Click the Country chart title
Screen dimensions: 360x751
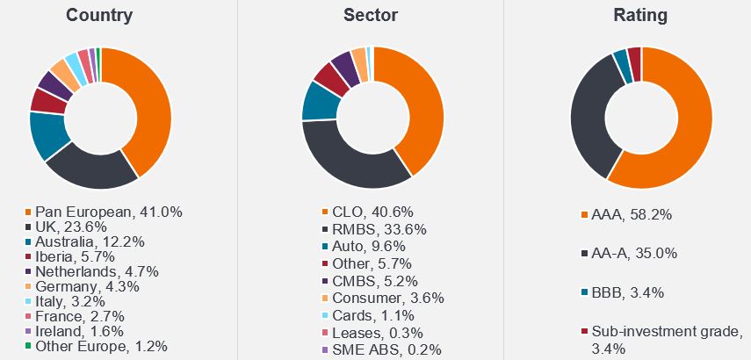coord(99,15)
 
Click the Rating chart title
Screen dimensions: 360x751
coord(641,15)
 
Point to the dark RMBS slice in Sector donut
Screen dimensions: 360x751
coord(351,162)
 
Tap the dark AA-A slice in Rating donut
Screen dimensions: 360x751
coord(589,114)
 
